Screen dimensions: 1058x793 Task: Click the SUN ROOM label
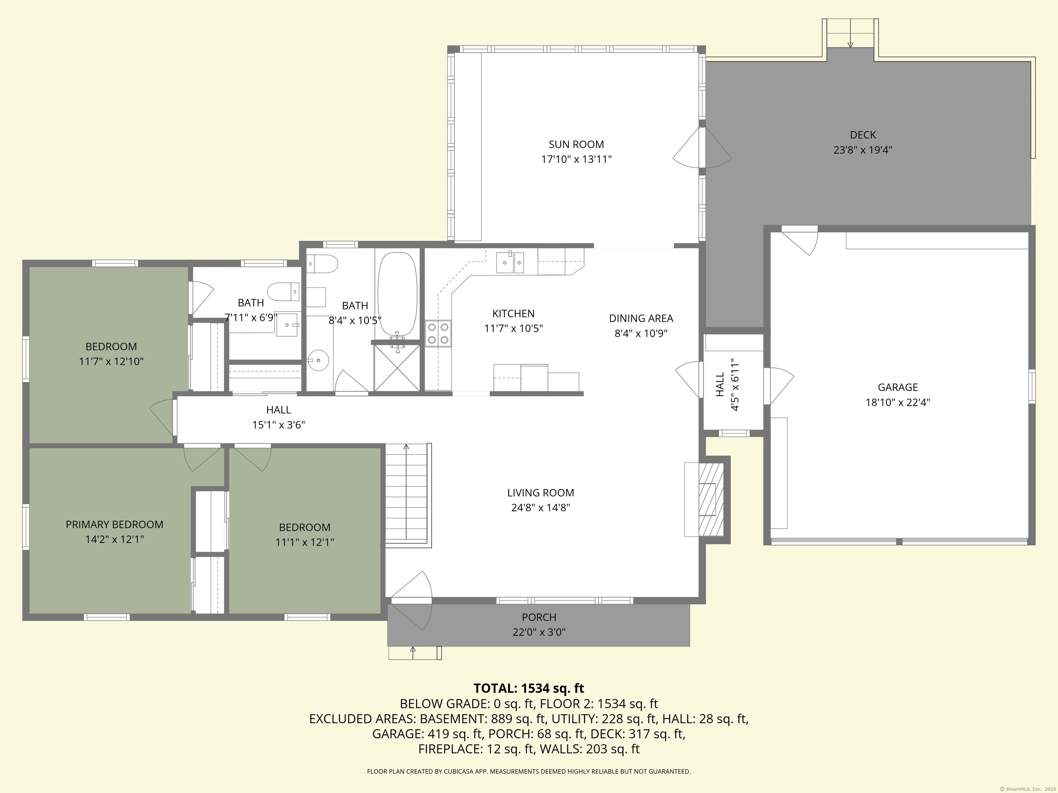(x=576, y=144)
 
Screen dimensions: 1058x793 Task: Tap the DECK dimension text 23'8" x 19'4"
(x=863, y=150)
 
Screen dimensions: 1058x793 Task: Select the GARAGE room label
(x=898, y=387)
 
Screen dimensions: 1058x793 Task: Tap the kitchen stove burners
(x=438, y=333)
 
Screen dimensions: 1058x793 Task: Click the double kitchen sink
(x=510, y=262)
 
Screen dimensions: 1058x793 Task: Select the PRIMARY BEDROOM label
(x=114, y=525)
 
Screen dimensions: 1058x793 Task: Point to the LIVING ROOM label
(x=540, y=493)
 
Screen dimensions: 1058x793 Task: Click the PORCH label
(x=539, y=617)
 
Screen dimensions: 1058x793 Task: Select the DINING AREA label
(x=641, y=318)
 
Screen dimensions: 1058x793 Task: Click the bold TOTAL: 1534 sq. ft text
(x=529, y=688)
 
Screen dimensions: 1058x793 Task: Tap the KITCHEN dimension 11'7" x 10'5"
(x=513, y=328)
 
